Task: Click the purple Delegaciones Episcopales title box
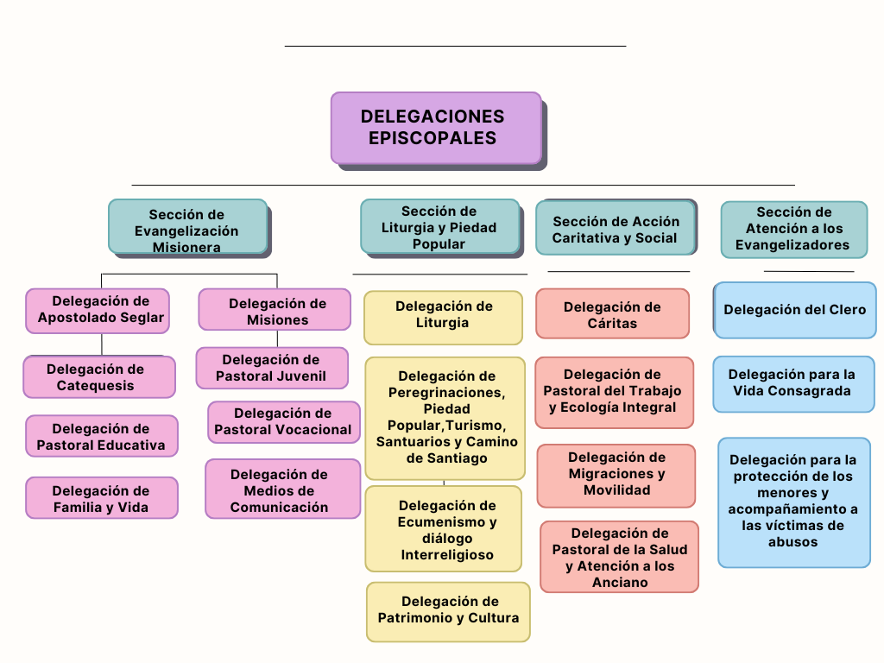coord(436,128)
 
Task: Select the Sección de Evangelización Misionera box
coord(187,227)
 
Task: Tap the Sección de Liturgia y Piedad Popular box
coord(439,226)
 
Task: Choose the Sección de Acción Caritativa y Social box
coord(616,228)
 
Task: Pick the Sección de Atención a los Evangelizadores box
coord(793,229)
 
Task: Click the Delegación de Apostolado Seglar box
coord(98,310)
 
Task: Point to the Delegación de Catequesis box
coord(99,377)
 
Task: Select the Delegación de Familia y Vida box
coord(101,498)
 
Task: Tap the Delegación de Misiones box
coord(275,310)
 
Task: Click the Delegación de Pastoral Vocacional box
coord(283,422)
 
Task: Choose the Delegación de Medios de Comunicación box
coord(282,489)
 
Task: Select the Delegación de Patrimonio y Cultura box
coord(448,611)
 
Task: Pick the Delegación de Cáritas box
coord(612,313)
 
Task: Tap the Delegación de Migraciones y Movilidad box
coord(616,475)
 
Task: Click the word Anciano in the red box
coord(620,583)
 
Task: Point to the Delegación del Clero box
coord(795,310)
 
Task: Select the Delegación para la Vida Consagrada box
coord(793,384)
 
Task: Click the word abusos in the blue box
coord(793,542)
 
